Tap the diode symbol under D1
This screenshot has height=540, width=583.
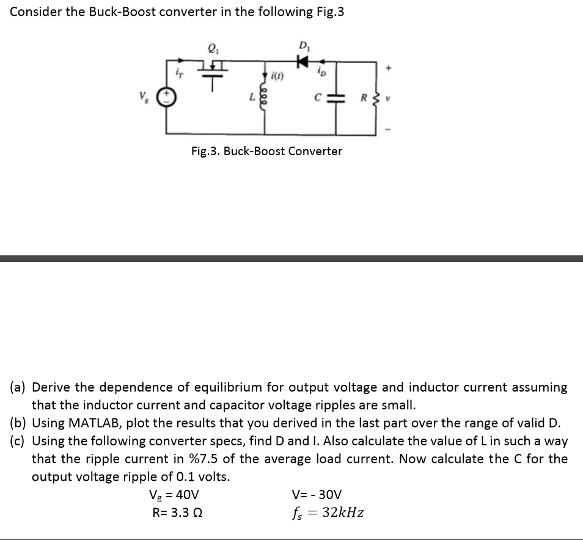(301, 61)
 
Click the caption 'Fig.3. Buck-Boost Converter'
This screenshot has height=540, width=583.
(266, 151)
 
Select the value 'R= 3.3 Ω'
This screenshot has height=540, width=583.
(177, 513)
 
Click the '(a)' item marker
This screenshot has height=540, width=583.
(17, 387)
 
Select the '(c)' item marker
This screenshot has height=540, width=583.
(17, 440)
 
